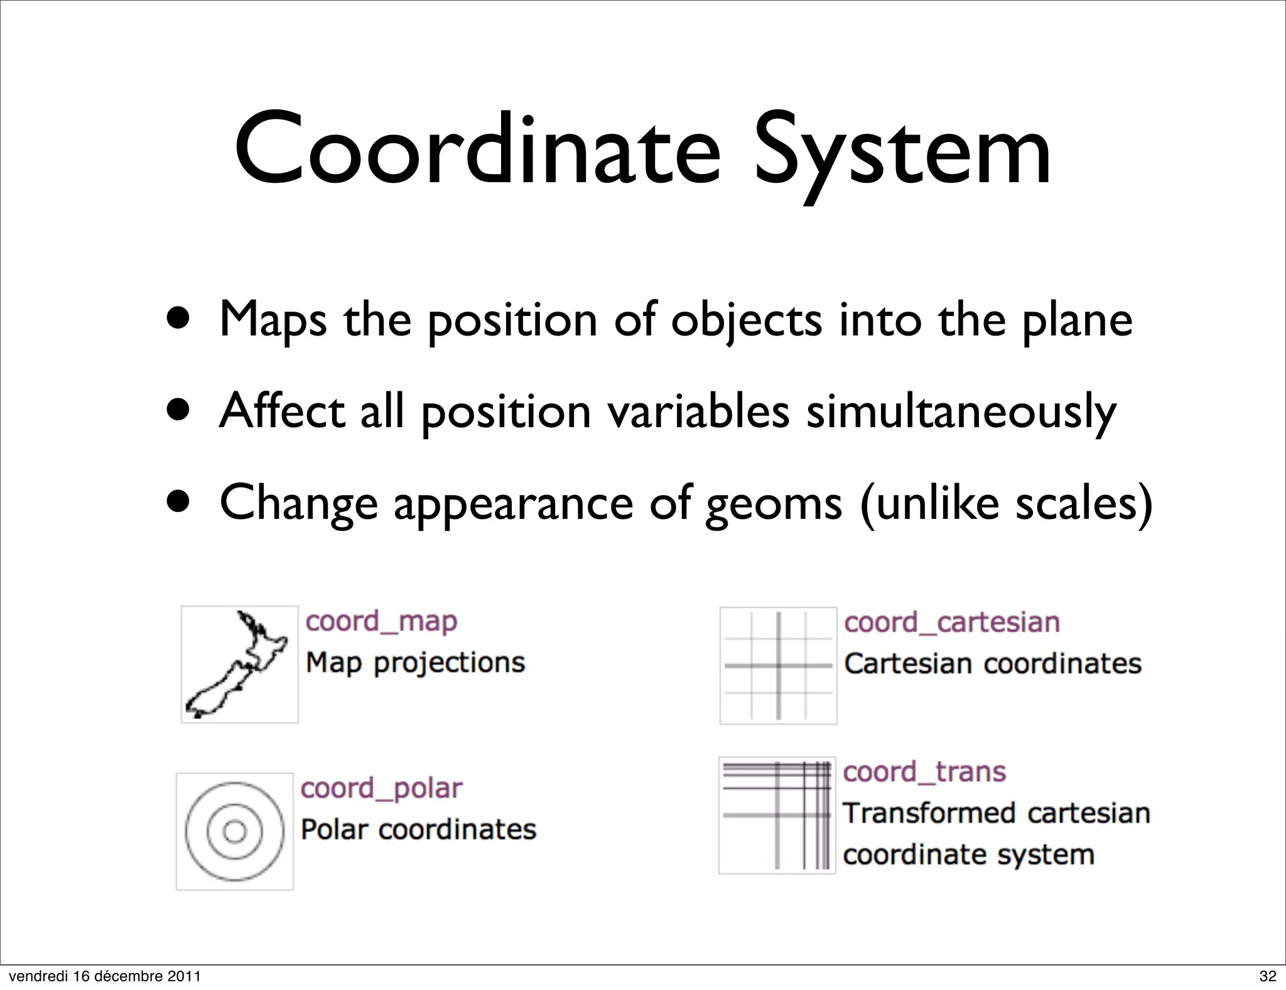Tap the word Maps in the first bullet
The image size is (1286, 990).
pos(273,320)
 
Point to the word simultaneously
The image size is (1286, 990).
pos(961,413)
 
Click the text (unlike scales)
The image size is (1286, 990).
pos(1005,504)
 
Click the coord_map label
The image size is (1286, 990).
pos(381,621)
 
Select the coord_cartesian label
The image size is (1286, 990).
pos(952,623)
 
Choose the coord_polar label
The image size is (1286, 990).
pos(381,788)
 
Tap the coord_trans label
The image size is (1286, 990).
pos(924,772)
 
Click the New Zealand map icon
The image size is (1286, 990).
pos(239,664)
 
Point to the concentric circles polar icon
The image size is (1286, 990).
pos(234,831)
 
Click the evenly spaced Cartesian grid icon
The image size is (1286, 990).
pos(778,665)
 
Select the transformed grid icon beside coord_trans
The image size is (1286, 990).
pos(777,815)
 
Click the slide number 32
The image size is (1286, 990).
pos(1268,976)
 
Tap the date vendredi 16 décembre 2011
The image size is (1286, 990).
pos(105,976)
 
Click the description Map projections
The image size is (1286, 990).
pos(415,663)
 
